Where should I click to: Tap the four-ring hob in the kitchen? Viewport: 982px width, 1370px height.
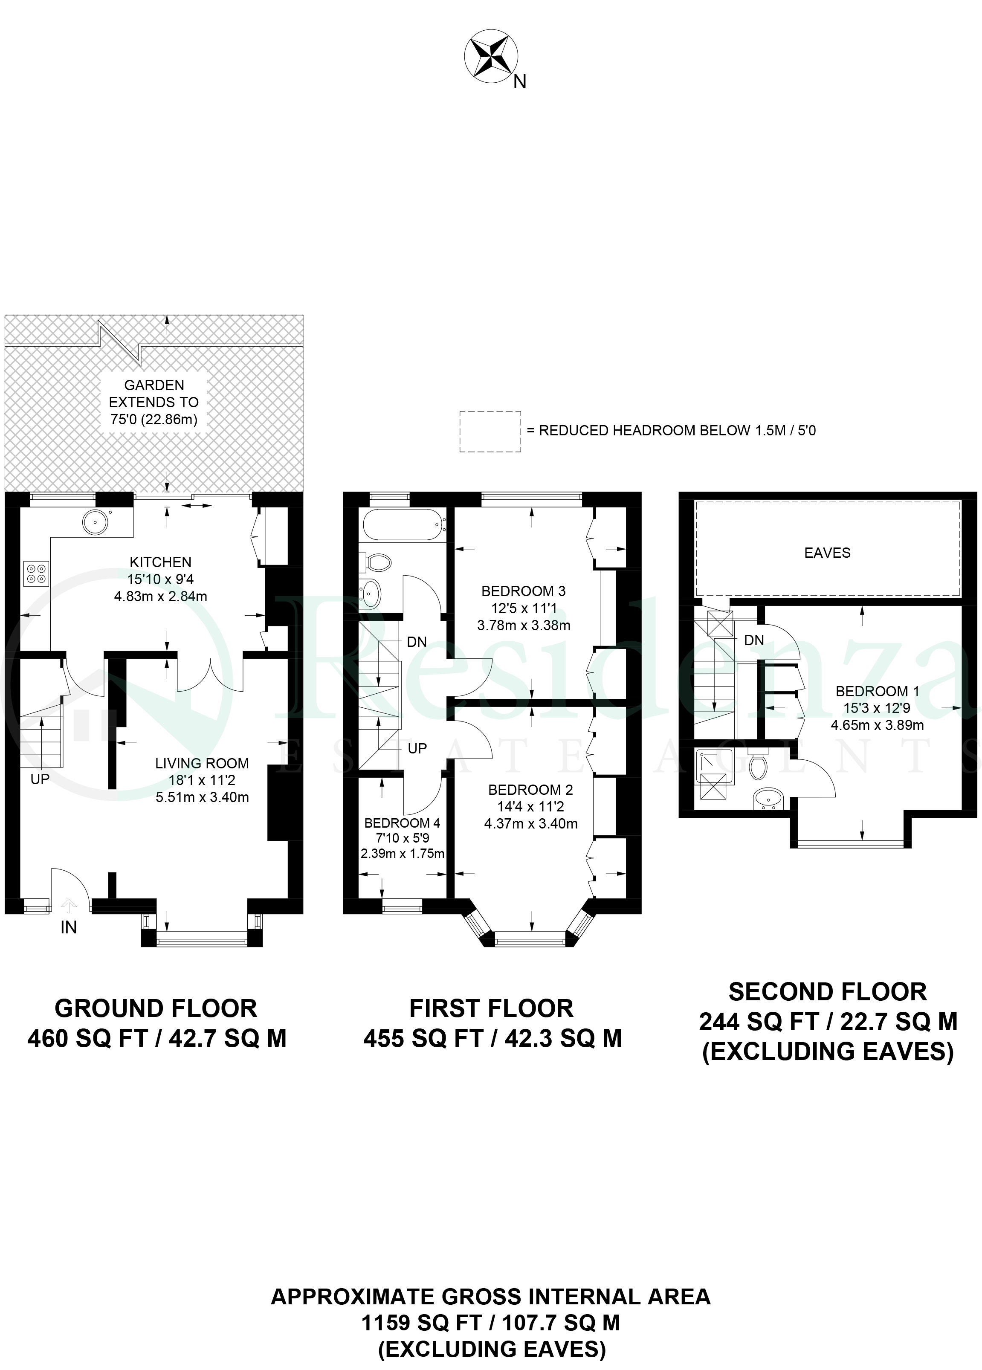(36, 573)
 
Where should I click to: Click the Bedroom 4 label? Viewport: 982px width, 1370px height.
(402, 823)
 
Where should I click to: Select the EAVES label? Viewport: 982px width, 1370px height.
(827, 553)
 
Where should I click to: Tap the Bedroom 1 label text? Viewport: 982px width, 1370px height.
(877, 691)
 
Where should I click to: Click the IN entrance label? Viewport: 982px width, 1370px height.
(69, 927)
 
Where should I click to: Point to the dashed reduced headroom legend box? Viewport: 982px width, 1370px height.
(490, 432)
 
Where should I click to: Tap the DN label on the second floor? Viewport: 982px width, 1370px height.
(754, 640)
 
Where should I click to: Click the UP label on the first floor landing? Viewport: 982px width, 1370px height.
(417, 748)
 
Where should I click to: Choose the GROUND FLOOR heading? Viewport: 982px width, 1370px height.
(156, 1009)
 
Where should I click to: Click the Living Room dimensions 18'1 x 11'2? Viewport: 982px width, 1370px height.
(202, 780)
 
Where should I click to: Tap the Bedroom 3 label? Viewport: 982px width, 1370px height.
(524, 591)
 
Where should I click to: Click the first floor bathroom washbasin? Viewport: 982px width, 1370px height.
(370, 594)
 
